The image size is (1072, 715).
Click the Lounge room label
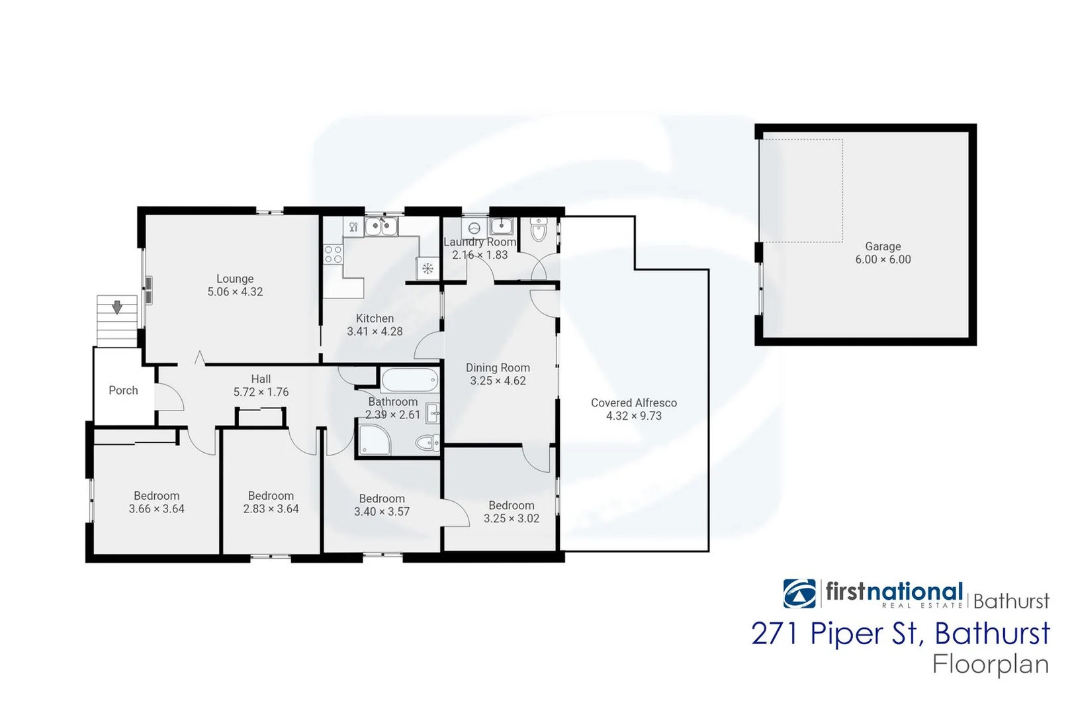point(235,279)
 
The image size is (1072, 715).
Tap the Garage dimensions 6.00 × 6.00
point(883,260)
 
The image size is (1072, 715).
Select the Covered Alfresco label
point(633,403)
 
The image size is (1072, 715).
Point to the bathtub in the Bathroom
point(410,381)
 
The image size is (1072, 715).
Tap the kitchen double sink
point(381,227)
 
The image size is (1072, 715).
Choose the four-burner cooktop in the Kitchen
point(333,254)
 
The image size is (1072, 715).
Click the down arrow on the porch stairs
point(117,307)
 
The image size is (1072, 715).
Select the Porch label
point(124,391)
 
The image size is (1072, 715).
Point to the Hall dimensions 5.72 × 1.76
point(261,392)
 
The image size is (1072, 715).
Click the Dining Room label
point(498,367)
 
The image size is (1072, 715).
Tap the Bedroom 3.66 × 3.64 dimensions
point(157,509)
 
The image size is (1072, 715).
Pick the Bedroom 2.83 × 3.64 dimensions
point(271,509)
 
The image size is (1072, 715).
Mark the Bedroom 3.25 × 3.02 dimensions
point(512,518)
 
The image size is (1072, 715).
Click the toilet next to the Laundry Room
point(539,232)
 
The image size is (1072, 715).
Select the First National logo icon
point(799,593)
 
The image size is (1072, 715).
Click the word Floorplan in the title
point(991,664)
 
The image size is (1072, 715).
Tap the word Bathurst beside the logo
point(1011,601)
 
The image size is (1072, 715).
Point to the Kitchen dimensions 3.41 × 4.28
point(375,331)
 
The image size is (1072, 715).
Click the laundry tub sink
point(502,226)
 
